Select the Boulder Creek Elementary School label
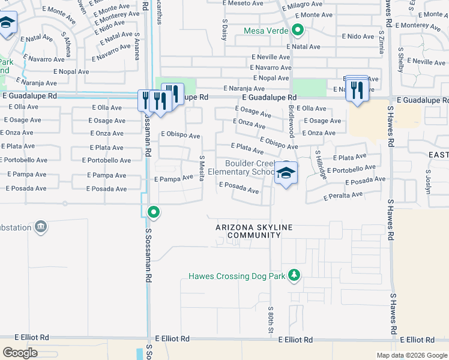(250, 168)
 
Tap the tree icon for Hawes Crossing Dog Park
(294, 275)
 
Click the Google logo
(20, 353)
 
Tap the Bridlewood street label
(291, 110)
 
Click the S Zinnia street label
(381, 42)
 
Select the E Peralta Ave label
(343, 196)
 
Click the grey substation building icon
(41, 227)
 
